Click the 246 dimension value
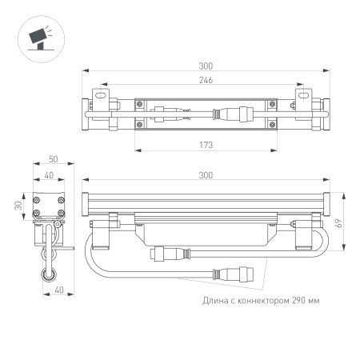pos(206,80)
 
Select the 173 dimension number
pos(206,144)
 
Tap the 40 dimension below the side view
pos(50,291)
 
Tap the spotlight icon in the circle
pos(36,37)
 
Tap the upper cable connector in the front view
pos(168,254)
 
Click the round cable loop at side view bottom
pos(50,274)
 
